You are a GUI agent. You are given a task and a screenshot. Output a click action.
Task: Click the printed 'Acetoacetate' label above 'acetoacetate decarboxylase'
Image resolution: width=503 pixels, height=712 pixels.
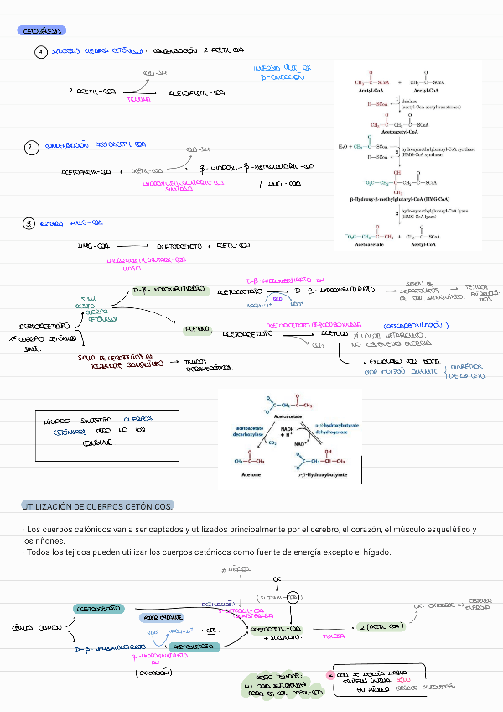pyautogui.click(x=298, y=415)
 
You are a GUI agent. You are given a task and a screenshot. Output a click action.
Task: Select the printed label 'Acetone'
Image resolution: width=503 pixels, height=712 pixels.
pyautogui.click(x=251, y=475)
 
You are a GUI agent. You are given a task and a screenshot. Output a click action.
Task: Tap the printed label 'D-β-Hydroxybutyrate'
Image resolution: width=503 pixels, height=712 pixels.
pyautogui.click(x=322, y=475)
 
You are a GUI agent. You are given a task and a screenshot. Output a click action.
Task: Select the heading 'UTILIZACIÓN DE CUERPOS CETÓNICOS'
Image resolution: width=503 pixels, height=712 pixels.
pyautogui.click(x=97, y=507)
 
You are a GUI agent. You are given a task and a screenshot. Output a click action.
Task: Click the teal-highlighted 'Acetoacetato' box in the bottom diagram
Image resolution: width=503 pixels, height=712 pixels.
pyautogui.click(x=99, y=607)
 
